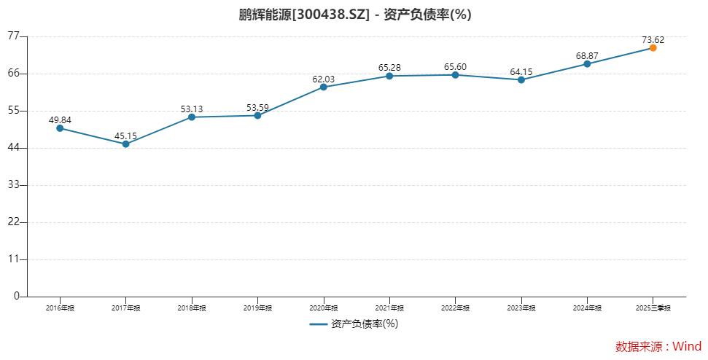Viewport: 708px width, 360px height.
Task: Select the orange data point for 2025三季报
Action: pos(653,47)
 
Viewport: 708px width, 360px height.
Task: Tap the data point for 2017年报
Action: pos(125,144)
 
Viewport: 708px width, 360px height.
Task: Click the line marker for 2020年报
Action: pos(323,87)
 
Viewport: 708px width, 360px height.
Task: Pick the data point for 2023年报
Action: pos(521,79)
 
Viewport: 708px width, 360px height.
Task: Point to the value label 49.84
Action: pos(60,120)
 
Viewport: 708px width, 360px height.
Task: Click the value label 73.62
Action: pos(652,39)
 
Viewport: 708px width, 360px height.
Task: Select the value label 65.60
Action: pos(455,67)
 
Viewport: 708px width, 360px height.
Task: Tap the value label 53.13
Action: pos(192,109)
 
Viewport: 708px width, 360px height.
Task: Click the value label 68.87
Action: pos(587,55)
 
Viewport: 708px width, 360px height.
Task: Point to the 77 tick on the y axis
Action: pos(15,36)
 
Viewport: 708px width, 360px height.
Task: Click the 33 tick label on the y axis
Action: pos(15,185)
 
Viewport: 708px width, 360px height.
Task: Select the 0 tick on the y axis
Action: pos(16,297)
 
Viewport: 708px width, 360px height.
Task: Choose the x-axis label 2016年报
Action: pos(60,308)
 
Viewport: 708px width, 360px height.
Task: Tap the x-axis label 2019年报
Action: pos(257,308)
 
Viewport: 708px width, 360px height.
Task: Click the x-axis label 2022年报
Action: pos(455,308)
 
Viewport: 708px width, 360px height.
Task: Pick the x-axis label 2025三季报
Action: pos(653,308)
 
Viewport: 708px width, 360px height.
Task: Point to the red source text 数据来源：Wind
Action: pos(658,346)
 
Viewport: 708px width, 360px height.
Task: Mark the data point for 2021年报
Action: pos(389,76)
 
